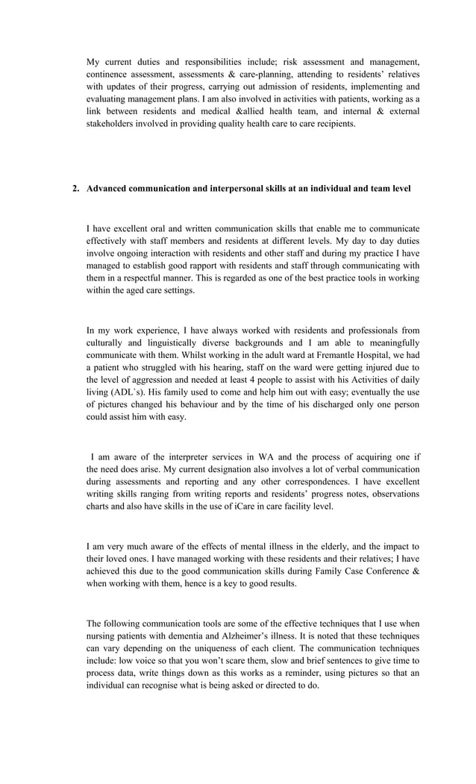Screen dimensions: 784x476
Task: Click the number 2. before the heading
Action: pos(75,189)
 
